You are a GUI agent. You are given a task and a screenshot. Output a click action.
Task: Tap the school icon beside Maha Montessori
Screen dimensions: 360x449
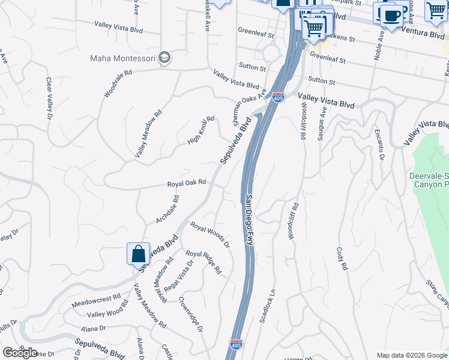click(x=165, y=58)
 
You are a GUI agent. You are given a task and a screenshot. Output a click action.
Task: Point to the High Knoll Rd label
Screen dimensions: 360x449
click(x=200, y=130)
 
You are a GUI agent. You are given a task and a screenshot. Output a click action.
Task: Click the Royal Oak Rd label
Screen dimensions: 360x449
click(x=187, y=182)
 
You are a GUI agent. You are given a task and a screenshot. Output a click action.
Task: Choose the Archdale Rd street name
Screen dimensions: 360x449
click(x=167, y=209)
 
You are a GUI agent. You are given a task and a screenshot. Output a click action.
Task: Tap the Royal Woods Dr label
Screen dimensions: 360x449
click(x=210, y=234)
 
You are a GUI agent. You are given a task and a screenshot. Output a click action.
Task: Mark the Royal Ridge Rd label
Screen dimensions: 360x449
click(x=203, y=262)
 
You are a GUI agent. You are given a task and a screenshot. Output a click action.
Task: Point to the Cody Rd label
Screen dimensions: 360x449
click(x=342, y=258)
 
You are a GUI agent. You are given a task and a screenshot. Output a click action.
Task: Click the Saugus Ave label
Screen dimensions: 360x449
click(x=323, y=121)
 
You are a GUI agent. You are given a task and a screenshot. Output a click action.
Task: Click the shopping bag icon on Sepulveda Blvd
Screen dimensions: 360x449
click(x=139, y=254)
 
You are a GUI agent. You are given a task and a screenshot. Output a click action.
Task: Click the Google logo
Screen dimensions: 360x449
click(x=20, y=352)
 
